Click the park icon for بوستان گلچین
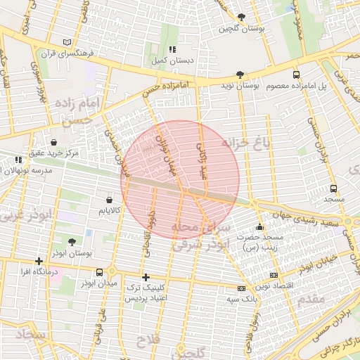pyautogui.click(x=242, y=17)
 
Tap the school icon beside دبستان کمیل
pyautogui.click(x=172, y=50)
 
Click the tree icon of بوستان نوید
pyautogui.click(x=240, y=75)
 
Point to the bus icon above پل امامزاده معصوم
pyautogui.click(x=295, y=75)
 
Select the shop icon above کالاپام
pyautogui.click(x=108, y=200)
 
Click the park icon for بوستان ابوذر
pyautogui.click(x=73, y=242)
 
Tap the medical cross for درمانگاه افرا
pyautogui.click(x=39, y=261)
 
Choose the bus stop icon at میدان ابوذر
pyautogui.click(x=100, y=272)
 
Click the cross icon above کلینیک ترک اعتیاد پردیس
pyautogui.click(x=146, y=277)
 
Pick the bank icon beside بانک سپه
pyautogui.click(x=241, y=288)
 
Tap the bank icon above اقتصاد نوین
pyautogui.click(x=274, y=275)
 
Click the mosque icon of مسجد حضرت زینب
pyautogui.click(x=259, y=226)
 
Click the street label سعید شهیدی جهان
pyautogui.click(x=309, y=223)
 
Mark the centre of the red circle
pyautogui.click(x=180, y=179)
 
